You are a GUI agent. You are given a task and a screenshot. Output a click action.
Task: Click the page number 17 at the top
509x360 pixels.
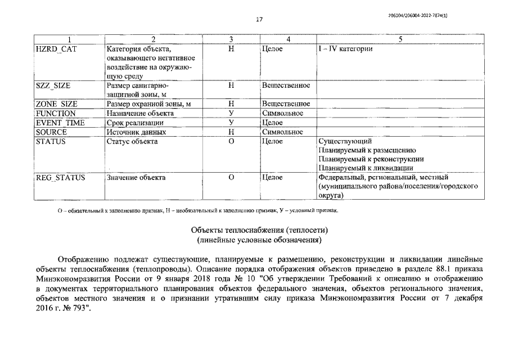pyautogui.click(x=259, y=20)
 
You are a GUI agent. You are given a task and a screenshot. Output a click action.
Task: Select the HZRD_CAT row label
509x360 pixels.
pyautogui.click(x=56, y=49)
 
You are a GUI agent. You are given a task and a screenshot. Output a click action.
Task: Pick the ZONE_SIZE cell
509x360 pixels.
pyautogui.click(x=56, y=103)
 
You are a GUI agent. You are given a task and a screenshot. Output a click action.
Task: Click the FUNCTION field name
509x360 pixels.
pyautogui.click(x=55, y=113)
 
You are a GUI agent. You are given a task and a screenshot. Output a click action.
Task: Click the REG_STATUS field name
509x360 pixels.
pyautogui.click(x=60, y=177)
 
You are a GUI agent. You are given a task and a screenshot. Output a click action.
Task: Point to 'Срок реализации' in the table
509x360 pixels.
pyautogui.click(x=135, y=122)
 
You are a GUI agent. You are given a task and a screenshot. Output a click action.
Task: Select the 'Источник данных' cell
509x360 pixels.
pyautogui.click(x=136, y=132)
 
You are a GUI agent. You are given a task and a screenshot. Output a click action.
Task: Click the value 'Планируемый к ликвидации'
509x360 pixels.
pyautogui.click(x=366, y=168)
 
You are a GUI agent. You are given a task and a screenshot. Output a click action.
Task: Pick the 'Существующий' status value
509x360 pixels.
pyautogui.click(x=345, y=141)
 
